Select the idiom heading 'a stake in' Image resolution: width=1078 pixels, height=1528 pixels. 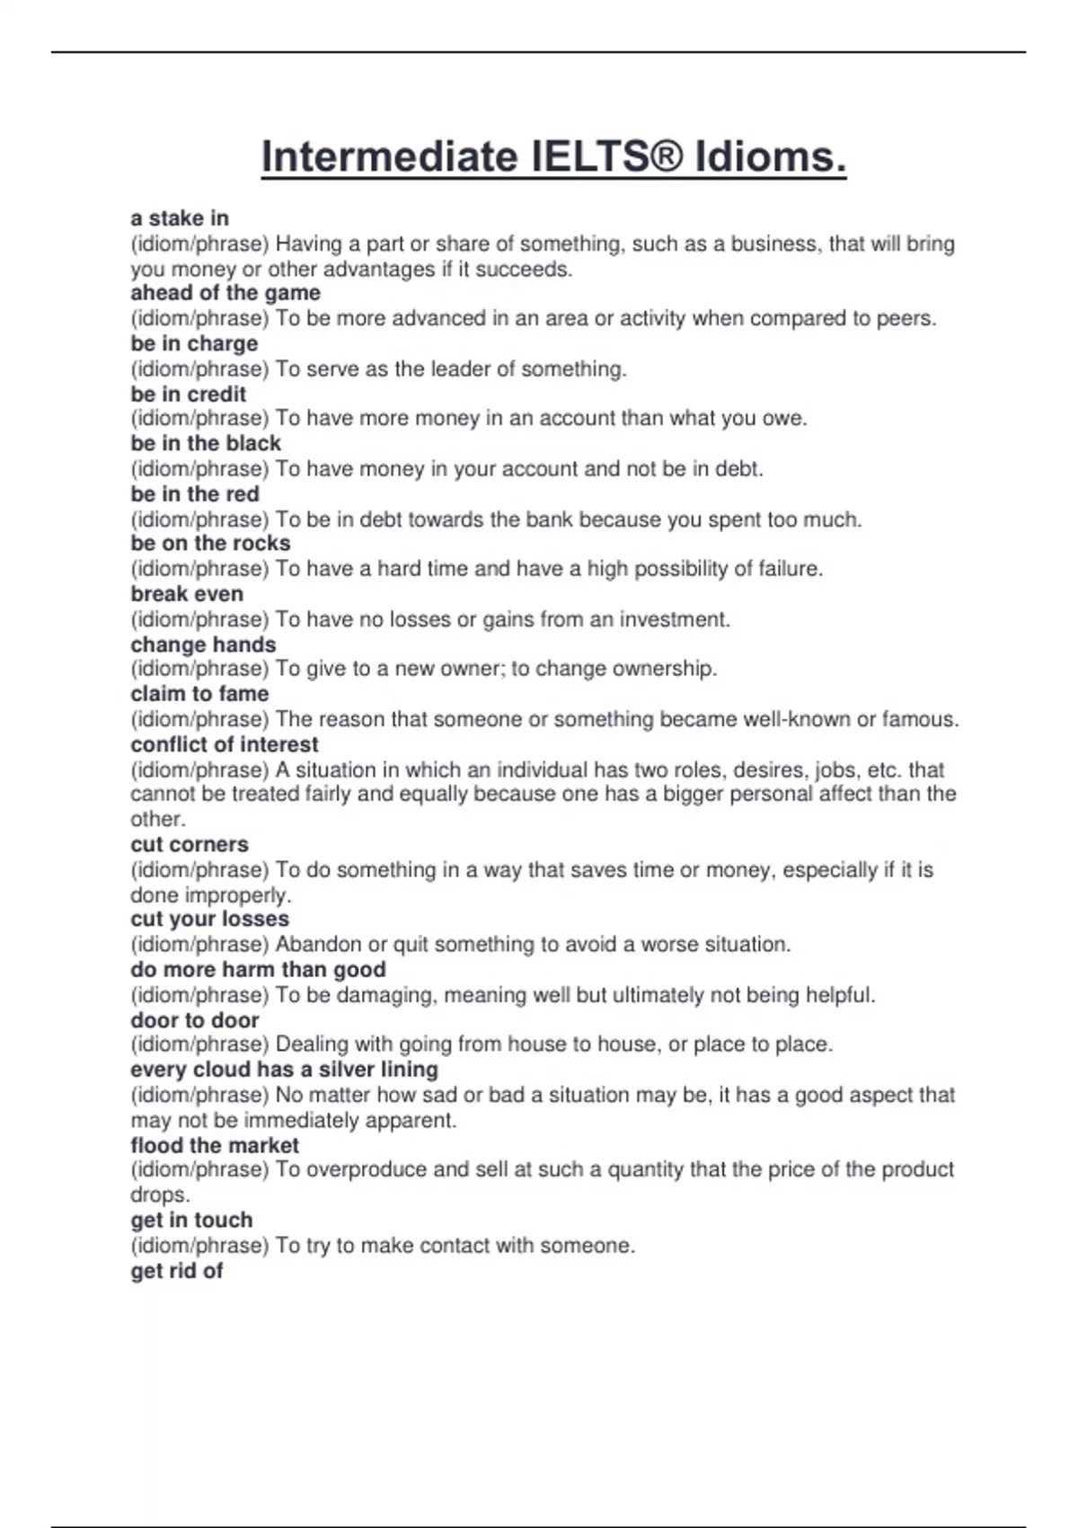(x=180, y=218)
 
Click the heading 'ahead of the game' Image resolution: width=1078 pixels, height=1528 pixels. (x=225, y=293)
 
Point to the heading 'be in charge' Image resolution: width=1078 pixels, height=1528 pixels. (x=194, y=343)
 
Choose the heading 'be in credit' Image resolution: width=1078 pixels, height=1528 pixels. (x=188, y=394)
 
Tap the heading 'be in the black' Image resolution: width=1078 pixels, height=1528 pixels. (x=206, y=443)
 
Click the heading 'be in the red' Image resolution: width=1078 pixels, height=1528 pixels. (x=195, y=493)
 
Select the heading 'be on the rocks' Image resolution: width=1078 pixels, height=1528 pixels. (x=210, y=543)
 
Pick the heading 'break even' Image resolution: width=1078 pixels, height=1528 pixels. (x=187, y=593)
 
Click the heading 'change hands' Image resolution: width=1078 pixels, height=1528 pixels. (x=203, y=644)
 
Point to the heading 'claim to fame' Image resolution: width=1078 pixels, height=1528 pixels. (x=199, y=694)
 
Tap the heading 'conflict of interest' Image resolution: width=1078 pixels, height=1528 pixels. (x=225, y=744)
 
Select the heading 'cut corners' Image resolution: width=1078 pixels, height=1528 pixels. (x=190, y=844)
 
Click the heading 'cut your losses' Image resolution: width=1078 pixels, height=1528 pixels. (x=209, y=919)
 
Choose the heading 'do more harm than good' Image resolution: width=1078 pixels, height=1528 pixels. (x=258, y=969)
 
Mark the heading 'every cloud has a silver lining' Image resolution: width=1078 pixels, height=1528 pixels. (x=284, y=1070)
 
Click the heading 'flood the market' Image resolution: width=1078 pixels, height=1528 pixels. (x=215, y=1145)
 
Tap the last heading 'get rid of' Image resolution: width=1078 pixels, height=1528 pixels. (x=176, y=1270)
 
